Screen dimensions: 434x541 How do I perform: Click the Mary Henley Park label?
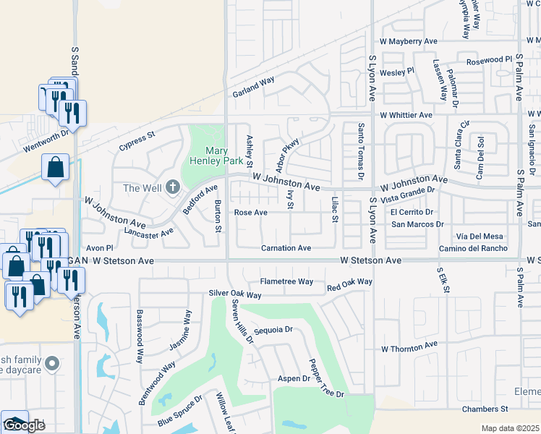click(217, 156)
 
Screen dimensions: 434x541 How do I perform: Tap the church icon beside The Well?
click(172, 188)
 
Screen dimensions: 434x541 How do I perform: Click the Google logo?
click(23, 425)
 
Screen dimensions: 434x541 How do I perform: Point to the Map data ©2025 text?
click(511, 428)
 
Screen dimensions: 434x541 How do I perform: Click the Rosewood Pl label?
click(489, 59)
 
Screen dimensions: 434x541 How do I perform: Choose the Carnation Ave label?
click(286, 248)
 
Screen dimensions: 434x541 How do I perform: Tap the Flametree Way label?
click(286, 281)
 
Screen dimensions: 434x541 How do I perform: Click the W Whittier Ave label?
click(406, 115)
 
